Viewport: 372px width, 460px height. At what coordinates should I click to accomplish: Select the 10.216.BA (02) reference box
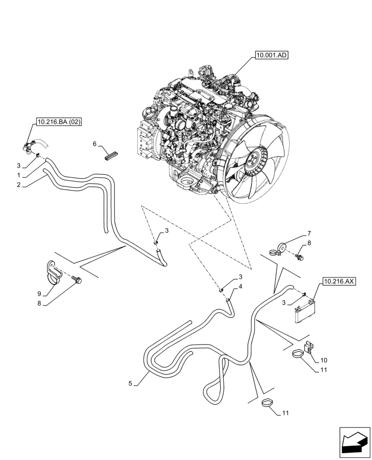coord(57,122)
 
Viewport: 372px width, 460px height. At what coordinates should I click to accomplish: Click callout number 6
coord(94,144)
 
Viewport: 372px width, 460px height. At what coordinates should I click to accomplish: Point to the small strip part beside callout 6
coord(112,155)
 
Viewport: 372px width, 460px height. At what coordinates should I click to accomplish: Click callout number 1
coord(18,176)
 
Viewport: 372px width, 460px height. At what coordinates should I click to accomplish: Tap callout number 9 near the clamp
coord(40,293)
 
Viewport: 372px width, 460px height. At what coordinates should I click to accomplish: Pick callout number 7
coord(309,233)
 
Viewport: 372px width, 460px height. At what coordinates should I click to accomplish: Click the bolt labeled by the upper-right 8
coord(301,256)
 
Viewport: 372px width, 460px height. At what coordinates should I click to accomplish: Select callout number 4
coord(240,287)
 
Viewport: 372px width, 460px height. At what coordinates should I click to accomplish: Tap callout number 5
coord(131,383)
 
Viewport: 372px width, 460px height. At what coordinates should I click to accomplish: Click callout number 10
coord(324,360)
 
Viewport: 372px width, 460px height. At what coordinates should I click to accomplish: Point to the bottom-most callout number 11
coord(286,414)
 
